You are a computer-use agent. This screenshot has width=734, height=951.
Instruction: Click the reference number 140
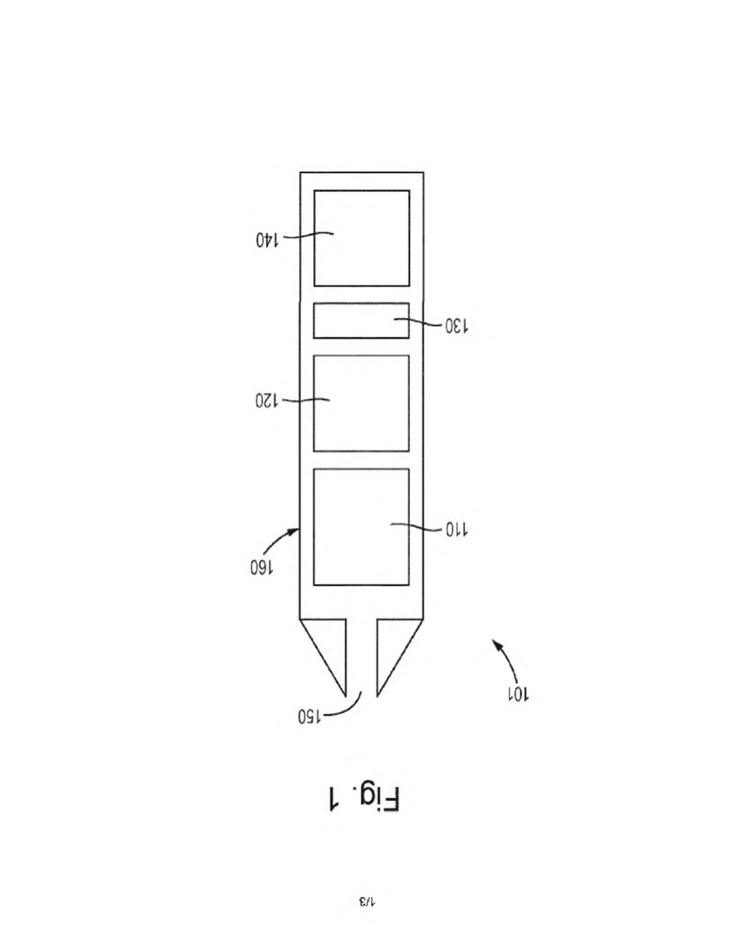(267, 240)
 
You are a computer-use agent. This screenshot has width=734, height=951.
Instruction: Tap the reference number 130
(456, 326)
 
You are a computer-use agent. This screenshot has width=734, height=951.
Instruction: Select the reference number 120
(266, 401)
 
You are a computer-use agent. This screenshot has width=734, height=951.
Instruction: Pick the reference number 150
(310, 716)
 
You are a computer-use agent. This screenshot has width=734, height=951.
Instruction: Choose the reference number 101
(518, 694)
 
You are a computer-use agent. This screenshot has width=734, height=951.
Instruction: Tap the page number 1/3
(366, 902)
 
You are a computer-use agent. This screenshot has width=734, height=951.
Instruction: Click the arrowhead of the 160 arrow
(295, 531)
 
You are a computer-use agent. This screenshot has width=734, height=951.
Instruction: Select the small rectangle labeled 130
(361, 321)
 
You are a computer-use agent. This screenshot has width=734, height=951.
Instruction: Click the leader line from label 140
(309, 235)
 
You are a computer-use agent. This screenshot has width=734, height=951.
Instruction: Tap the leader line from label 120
(307, 399)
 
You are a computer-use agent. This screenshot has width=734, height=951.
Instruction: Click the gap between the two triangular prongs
(362, 656)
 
